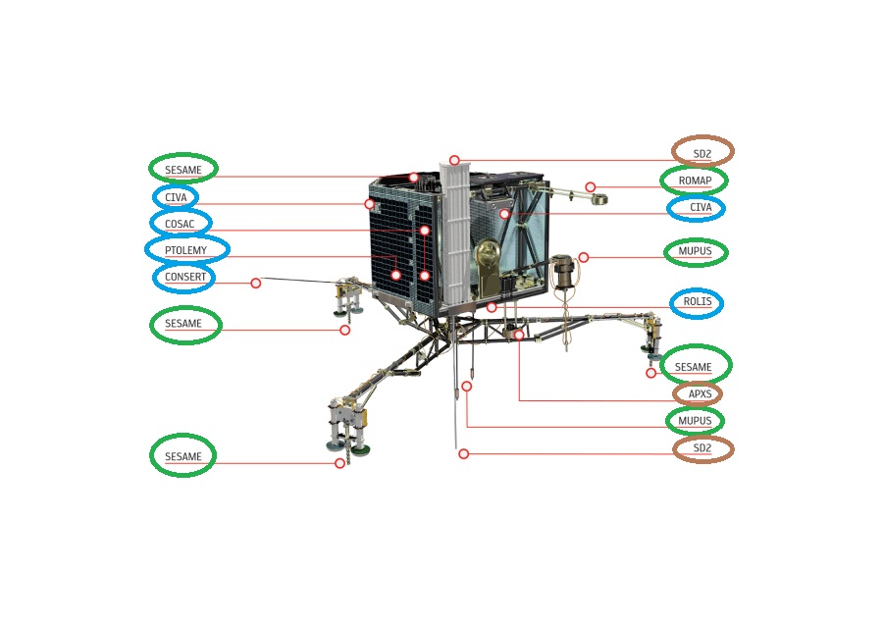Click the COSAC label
[x=181, y=224]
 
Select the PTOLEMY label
[x=186, y=250]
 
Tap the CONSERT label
[x=184, y=277]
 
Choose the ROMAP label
[x=695, y=181]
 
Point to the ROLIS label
[x=697, y=302]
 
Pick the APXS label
[x=699, y=394]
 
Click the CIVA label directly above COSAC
[x=176, y=197]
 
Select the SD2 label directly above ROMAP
[x=702, y=153]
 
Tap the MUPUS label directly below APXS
[x=695, y=421]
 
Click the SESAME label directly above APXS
[x=694, y=367]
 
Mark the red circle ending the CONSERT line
[x=256, y=284]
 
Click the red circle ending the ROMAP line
[x=591, y=187]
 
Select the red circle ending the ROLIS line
[x=492, y=307]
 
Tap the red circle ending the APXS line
[x=519, y=336]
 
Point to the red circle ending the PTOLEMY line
[x=395, y=275]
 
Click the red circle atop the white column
[x=454, y=160]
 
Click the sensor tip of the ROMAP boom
[x=598, y=200]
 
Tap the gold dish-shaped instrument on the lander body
[x=488, y=260]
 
